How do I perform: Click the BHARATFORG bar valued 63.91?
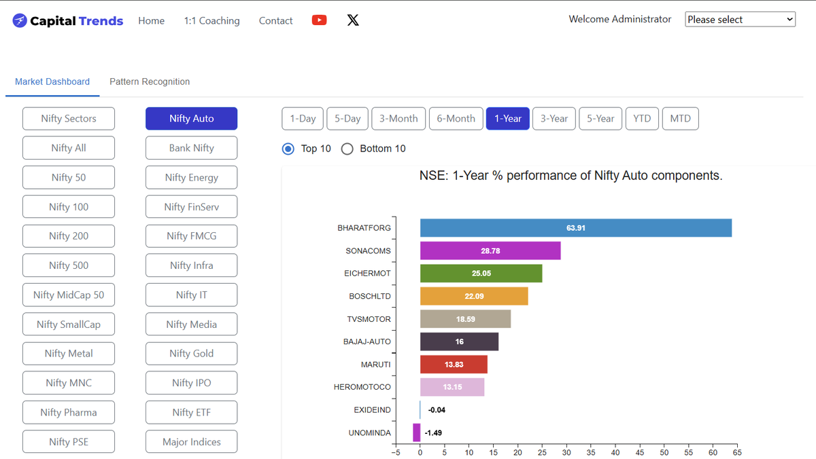click(x=575, y=228)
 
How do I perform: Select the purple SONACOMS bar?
click(x=490, y=251)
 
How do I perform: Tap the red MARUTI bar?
click(x=454, y=365)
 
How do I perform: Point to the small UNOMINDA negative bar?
click(x=416, y=433)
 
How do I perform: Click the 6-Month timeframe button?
click(x=456, y=119)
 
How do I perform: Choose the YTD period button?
click(x=642, y=119)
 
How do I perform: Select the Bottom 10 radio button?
click(x=347, y=149)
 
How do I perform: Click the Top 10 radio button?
click(x=288, y=149)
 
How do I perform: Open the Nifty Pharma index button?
click(x=69, y=412)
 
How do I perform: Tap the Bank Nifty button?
click(x=192, y=148)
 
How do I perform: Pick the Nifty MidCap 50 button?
click(x=69, y=295)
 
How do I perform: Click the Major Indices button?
click(x=192, y=442)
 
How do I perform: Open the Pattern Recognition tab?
click(x=150, y=81)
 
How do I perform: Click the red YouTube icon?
click(x=319, y=20)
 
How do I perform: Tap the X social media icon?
click(x=353, y=20)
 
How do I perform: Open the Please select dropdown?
click(x=740, y=19)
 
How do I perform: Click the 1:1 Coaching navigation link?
click(x=211, y=21)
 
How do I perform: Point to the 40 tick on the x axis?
click(x=615, y=452)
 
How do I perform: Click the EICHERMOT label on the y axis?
click(x=367, y=274)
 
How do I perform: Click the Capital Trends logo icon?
click(x=20, y=20)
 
